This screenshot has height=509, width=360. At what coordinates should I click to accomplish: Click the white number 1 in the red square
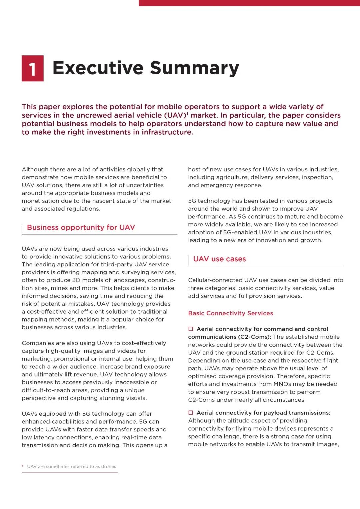pyautogui.click(x=32, y=69)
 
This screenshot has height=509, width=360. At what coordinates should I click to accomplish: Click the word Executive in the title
pyautogui.click(x=98, y=68)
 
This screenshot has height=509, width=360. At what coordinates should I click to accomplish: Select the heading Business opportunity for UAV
pyautogui.click(x=81, y=227)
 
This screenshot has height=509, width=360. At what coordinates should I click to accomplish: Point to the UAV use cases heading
pyautogui.click(x=219, y=259)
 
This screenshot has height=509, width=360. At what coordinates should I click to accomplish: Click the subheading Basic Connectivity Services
pyautogui.click(x=230, y=313)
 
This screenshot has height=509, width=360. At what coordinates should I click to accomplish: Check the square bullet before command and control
pyautogui.click(x=191, y=329)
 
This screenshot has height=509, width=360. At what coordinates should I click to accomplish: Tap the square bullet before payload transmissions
pyautogui.click(x=191, y=413)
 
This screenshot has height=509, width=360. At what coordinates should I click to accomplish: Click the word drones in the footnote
pyautogui.click(x=109, y=466)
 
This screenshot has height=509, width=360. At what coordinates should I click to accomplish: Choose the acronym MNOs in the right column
pyautogui.click(x=282, y=384)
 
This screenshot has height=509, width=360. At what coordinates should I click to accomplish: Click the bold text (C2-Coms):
pyautogui.click(x=255, y=337)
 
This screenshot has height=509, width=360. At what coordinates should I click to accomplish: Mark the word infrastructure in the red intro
pyautogui.click(x=167, y=132)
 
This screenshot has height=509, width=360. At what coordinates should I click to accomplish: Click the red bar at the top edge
pyautogui.click(x=249, y=3)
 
